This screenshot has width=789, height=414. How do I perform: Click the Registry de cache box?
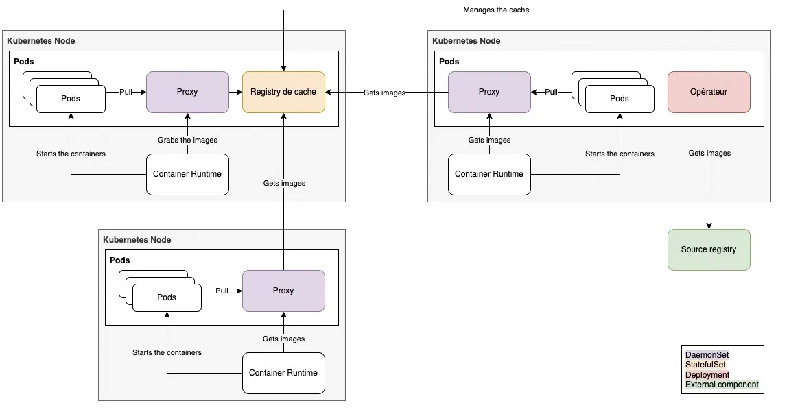283,92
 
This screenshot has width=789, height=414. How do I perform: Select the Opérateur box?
709,92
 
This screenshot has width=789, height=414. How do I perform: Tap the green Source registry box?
709,249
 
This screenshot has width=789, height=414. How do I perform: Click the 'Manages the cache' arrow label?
496,10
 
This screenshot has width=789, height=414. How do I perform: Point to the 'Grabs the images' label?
187,140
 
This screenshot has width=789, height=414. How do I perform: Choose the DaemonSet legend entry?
707,355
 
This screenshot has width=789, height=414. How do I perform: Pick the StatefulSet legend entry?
705,365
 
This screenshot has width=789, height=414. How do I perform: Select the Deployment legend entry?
707,375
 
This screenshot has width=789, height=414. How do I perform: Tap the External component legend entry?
722,385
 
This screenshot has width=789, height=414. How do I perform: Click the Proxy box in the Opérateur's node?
489,92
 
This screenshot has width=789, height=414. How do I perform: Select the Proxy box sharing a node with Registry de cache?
187,92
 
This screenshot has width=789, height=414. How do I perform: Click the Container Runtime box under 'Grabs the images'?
187,174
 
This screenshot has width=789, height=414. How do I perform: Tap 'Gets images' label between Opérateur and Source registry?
709,154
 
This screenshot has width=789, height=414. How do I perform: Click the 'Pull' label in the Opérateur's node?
551,92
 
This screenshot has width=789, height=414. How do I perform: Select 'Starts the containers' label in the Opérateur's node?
620,154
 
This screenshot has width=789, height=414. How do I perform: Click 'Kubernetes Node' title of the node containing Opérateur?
466,41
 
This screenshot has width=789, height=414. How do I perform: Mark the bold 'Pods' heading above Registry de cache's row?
24,62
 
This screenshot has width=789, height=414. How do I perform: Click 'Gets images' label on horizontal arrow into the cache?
384,93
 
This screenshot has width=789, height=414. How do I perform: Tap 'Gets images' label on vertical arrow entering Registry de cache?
284,183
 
